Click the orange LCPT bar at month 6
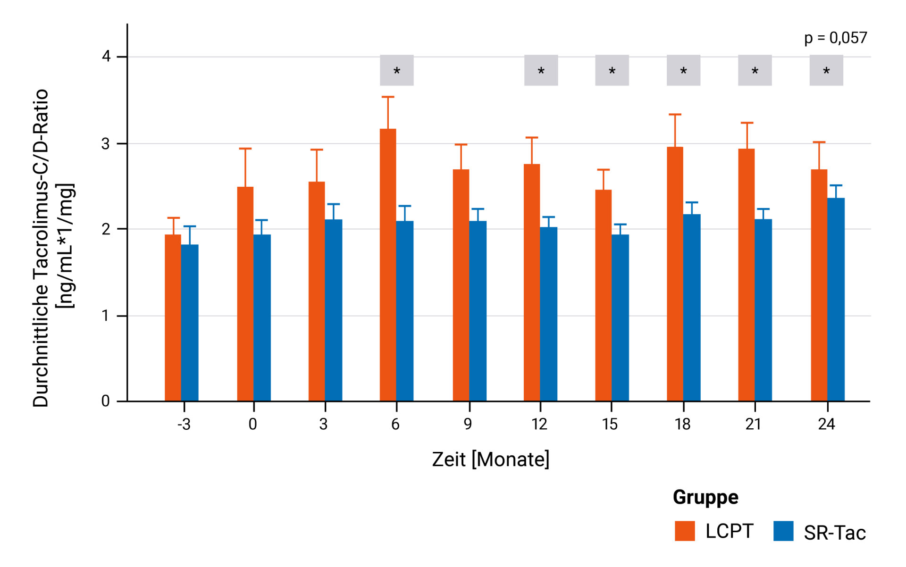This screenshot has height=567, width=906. (x=388, y=265)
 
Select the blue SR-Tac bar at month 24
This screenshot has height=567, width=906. (x=836, y=300)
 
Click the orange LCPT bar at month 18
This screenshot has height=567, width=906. (x=675, y=274)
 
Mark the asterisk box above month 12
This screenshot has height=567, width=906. (x=541, y=70)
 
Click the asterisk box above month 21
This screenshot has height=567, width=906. (x=755, y=70)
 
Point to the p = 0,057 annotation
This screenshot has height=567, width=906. (x=835, y=38)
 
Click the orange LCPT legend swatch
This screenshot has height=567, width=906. (x=685, y=531)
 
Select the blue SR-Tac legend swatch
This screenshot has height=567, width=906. (x=783, y=531)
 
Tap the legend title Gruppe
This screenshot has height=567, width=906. (x=705, y=497)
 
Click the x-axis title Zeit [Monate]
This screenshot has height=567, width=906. (x=491, y=459)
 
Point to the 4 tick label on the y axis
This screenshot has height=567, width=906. (x=106, y=57)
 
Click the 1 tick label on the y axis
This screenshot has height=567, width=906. (x=106, y=316)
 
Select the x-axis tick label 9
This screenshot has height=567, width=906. (x=468, y=424)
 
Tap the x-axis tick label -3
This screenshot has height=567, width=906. (x=184, y=424)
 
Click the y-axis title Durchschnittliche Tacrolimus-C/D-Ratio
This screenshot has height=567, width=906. (x=41, y=248)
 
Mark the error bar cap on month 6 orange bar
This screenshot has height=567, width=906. (x=388, y=97)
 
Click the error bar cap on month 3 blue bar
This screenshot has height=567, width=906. (x=333, y=204)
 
